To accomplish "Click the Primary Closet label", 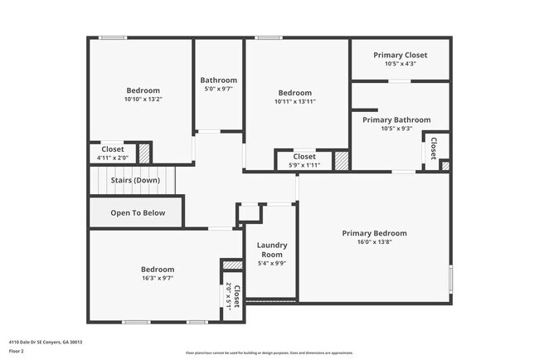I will tap(400, 55).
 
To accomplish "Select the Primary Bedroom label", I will tap(374, 233).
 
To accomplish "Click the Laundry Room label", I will tap(271, 249).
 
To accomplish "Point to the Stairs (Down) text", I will tap(135, 180).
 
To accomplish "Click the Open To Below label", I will tap(138, 213).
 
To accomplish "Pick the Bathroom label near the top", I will tap(220, 80).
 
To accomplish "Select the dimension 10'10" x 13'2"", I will tap(143, 100).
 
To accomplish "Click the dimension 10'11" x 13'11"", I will tap(294, 101).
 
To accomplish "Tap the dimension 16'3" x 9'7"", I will tap(157, 279).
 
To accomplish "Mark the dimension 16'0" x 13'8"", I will tap(374, 242).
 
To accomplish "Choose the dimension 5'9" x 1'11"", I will tap(304, 164).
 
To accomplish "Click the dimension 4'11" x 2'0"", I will tap(113, 158).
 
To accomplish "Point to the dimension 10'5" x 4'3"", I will tap(400, 64).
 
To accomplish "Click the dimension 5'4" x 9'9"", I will tap(271, 264).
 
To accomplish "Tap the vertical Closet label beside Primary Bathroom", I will tap(433, 149).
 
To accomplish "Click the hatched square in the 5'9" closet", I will tap(341, 160).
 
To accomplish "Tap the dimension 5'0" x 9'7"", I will tap(220, 90).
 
